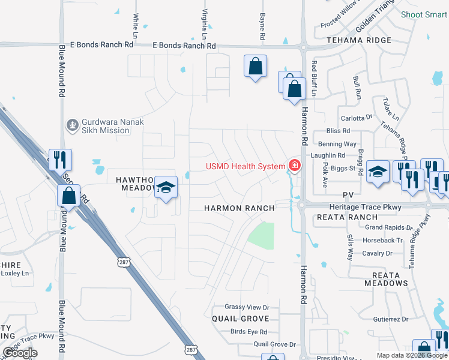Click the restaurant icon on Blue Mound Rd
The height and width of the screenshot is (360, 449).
[60, 160]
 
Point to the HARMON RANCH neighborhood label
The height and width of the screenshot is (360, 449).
[240, 208]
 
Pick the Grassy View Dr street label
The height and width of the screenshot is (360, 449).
[247, 307]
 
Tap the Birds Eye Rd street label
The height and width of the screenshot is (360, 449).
[249, 332]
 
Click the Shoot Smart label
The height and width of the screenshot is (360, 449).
[424, 14]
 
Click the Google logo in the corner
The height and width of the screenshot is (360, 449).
[20, 353]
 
